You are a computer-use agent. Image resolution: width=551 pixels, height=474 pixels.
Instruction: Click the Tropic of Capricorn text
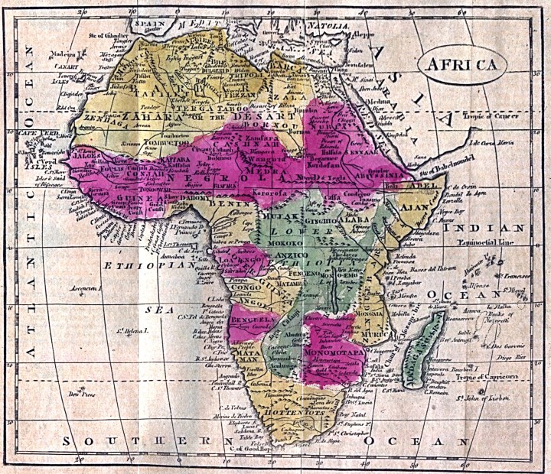point(486,377)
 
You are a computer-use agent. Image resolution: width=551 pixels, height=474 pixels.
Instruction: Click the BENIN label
point(228,206)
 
